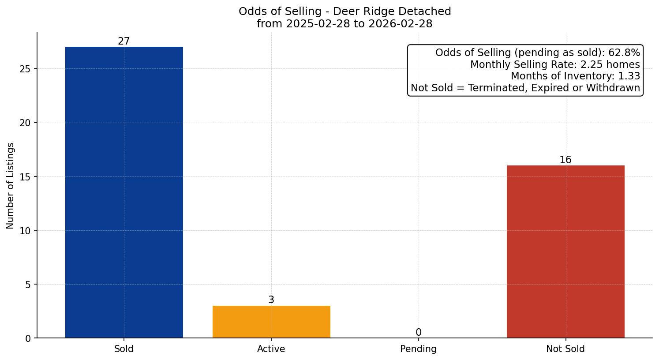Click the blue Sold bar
[x=124, y=192]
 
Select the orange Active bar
[x=271, y=322]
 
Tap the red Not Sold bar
[x=565, y=251]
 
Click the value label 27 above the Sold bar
[x=124, y=41]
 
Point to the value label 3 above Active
[x=271, y=300]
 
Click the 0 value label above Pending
[x=419, y=333]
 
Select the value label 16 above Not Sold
[x=565, y=160]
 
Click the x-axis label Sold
[x=124, y=349]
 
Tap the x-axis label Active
[x=271, y=349]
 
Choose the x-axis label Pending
[x=419, y=349]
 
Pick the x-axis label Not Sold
[x=565, y=349]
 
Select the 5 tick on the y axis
[x=28, y=285]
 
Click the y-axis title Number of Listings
[x=11, y=186]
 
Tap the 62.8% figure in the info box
[x=624, y=53]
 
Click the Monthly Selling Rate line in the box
[x=555, y=64]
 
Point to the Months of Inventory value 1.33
[x=629, y=76]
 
